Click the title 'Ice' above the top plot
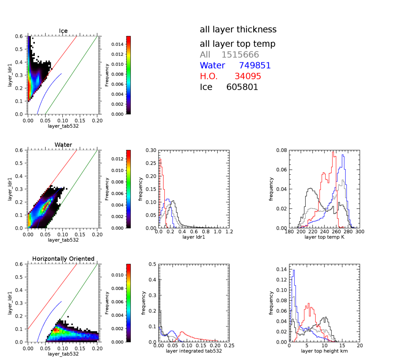pos(63,31)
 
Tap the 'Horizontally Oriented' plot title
pos(63,259)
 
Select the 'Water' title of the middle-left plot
pos(63,145)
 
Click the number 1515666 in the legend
pos(240,55)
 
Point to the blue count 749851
pos(255,66)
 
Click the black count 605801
pos(242,87)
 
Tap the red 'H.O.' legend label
pos(210,76)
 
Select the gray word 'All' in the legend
pos(206,55)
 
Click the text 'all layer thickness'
pos(238,29)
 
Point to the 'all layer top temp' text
pos(238,44)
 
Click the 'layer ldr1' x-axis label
pos(194,237)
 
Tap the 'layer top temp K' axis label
pos(324,237)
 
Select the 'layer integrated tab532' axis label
pos(194,351)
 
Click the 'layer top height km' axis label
pos(324,351)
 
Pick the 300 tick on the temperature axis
pos(359,232)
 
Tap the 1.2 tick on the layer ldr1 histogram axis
pos(229,232)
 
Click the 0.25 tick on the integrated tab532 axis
pos(229,346)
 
